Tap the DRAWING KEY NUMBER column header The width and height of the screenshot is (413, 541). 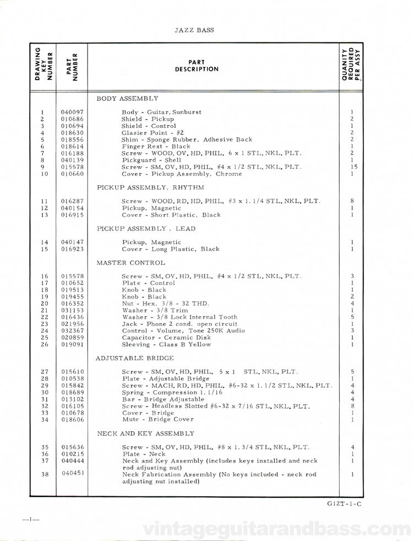coord(43,65)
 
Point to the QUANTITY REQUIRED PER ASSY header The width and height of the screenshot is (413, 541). coord(351,65)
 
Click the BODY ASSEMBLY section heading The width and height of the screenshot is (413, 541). coord(127,98)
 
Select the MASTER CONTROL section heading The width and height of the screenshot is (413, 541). coord(131,263)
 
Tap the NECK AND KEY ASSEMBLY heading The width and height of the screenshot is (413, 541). coord(145,433)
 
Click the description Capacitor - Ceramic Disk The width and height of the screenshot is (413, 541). coord(165,338)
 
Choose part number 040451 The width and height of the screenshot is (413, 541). coord(73,473)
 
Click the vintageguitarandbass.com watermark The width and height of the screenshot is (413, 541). coord(275,530)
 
